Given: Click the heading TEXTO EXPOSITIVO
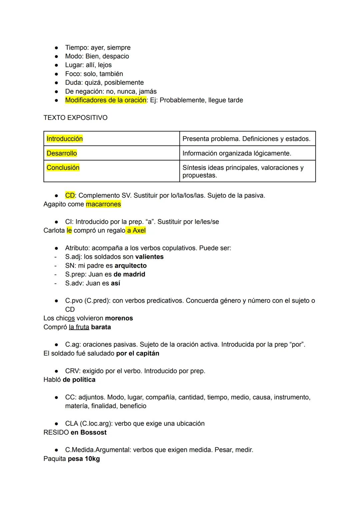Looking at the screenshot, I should (75, 118).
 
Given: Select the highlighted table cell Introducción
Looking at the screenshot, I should (65, 139).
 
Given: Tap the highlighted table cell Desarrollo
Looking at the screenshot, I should (62, 153).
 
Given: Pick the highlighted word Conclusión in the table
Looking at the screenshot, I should (63, 168).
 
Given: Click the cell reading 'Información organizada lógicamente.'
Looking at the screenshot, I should (237, 153).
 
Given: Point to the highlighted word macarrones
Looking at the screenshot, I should (103, 204).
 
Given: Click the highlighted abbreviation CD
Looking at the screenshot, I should (70, 196).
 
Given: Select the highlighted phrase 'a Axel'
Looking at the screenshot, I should (136, 231).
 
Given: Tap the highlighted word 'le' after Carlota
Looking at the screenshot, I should (69, 231).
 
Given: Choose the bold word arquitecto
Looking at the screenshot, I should (130, 265).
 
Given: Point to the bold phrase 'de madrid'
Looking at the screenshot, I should (129, 274).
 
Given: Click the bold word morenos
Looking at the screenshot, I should (119, 318).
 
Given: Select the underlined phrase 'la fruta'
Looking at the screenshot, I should (79, 327).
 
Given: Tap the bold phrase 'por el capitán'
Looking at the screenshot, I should (138, 353).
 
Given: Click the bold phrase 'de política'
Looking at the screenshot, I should (79, 380).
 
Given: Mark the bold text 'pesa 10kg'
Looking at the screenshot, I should (84, 459).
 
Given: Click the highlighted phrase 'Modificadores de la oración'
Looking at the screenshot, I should (106, 100).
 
